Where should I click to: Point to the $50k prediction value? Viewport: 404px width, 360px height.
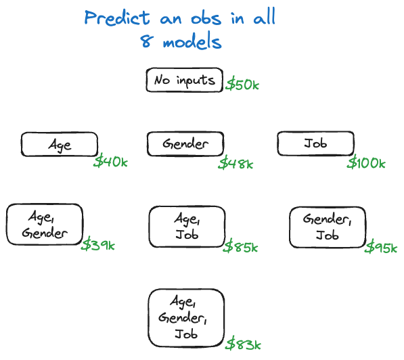(242, 85)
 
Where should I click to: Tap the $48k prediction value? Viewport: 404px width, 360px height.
(235, 163)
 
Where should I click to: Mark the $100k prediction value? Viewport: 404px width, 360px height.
(366, 162)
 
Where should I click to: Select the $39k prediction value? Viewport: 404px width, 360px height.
(98, 244)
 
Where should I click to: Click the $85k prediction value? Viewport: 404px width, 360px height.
(240, 246)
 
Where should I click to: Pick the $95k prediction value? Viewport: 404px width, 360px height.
(381, 247)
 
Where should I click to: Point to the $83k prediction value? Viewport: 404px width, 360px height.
(244, 343)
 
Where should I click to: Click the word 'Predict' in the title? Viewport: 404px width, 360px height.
(117, 18)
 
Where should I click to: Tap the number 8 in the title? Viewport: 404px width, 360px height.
(147, 41)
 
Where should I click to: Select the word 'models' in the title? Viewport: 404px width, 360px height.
(192, 41)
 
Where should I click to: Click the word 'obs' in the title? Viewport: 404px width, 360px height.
(206, 18)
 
